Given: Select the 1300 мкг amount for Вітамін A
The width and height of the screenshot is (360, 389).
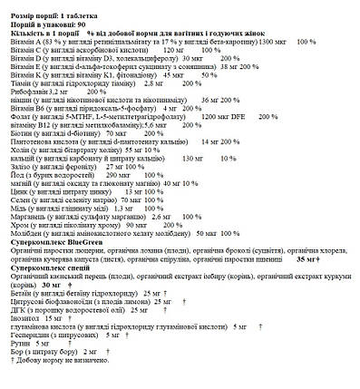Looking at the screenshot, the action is point(274,42).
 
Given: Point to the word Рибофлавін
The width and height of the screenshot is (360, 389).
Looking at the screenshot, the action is point(27,92).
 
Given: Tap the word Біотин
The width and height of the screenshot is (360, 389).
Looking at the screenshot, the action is point(22,133).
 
